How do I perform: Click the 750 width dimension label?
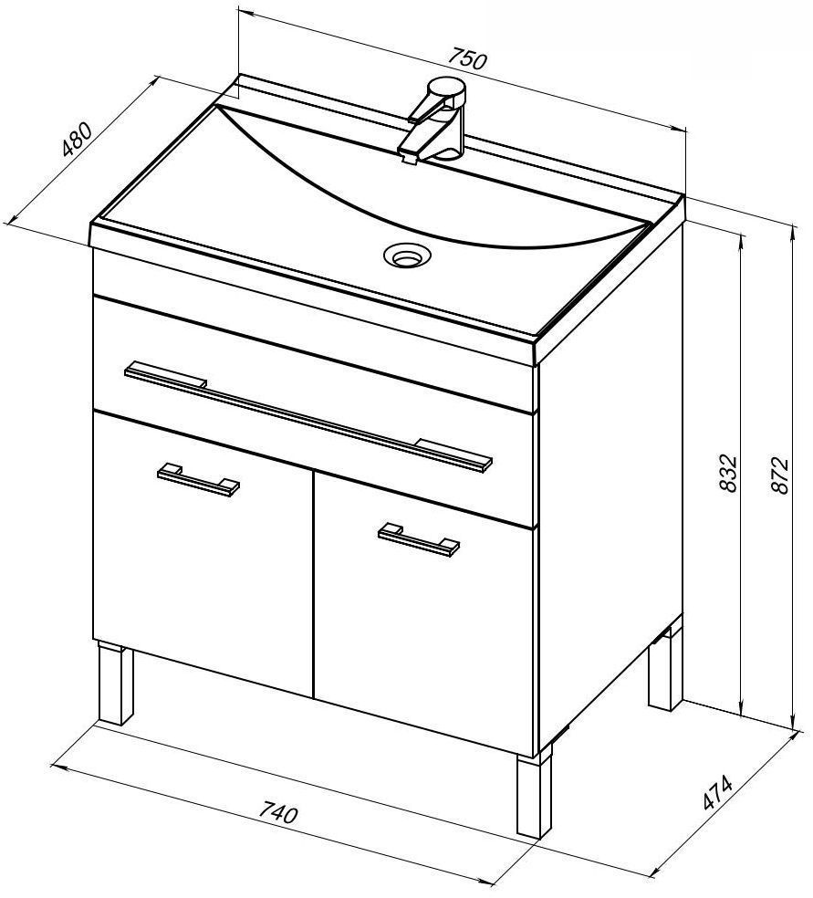(x=467, y=57)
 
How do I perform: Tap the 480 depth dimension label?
(x=77, y=139)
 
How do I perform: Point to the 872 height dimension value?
(x=780, y=475)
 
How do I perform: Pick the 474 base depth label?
(x=717, y=792)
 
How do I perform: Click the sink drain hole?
(x=407, y=254)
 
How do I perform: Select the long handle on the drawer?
(x=308, y=417)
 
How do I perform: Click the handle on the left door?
(x=198, y=479)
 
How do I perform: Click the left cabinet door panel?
(x=203, y=554)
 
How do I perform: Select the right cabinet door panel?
(x=424, y=612)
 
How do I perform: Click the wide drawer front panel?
(x=314, y=411)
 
